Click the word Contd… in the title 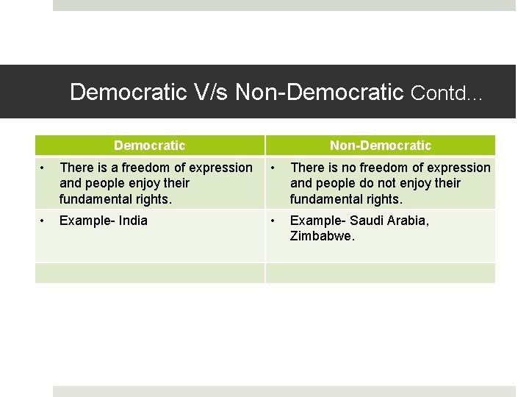[447, 93]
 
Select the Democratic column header [150, 146]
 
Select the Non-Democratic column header [381, 146]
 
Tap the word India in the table [133, 221]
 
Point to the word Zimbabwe [322, 237]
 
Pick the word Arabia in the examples [408, 221]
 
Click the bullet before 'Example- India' [43, 221]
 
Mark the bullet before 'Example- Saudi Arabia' [273, 221]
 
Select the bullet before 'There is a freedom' [43, 168]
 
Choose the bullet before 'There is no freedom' [273, 168]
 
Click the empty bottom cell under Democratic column [150, 273]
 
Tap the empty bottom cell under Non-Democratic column [381, 273]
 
